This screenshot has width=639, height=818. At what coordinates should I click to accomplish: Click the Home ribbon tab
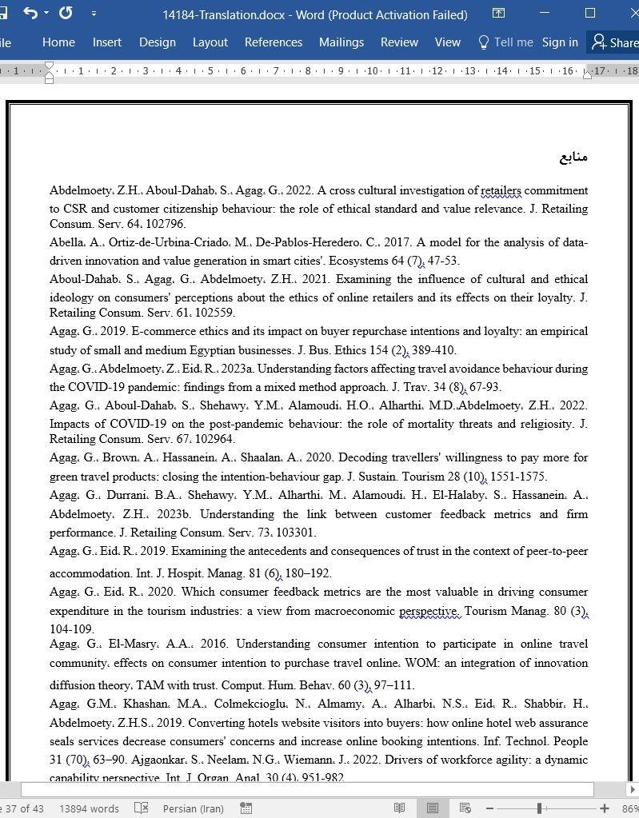click(x=58, y=42)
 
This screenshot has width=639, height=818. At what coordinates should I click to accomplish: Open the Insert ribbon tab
click(x=106, y=42)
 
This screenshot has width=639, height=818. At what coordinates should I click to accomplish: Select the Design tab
click(x=157, y=42)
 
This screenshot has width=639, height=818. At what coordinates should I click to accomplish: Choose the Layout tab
click(x=210, y=42)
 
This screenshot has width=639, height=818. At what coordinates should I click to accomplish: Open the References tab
click(x=273, y=42)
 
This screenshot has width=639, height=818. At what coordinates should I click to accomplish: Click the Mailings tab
click(x=341, y=42)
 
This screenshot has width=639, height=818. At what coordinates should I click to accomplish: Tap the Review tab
click(x=399, y=42)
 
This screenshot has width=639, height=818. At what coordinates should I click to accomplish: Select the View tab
click(x=447, y=42)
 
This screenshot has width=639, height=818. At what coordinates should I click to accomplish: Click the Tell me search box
click(x=505, y=42)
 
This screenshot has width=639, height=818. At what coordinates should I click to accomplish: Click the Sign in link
click(x=560, y=42)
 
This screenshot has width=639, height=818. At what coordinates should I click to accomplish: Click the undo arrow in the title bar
click(x=30, y=14)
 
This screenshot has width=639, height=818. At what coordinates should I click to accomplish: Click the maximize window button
click(x=590, y=14)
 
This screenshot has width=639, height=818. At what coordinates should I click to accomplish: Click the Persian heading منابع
click(x=573, y=157)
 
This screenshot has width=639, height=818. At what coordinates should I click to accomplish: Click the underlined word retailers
click(x=501, y=190)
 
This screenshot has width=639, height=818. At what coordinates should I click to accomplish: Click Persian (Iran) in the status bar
click(x=194, y=808)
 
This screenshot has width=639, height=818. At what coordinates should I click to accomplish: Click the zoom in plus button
click(x=605, y=808)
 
